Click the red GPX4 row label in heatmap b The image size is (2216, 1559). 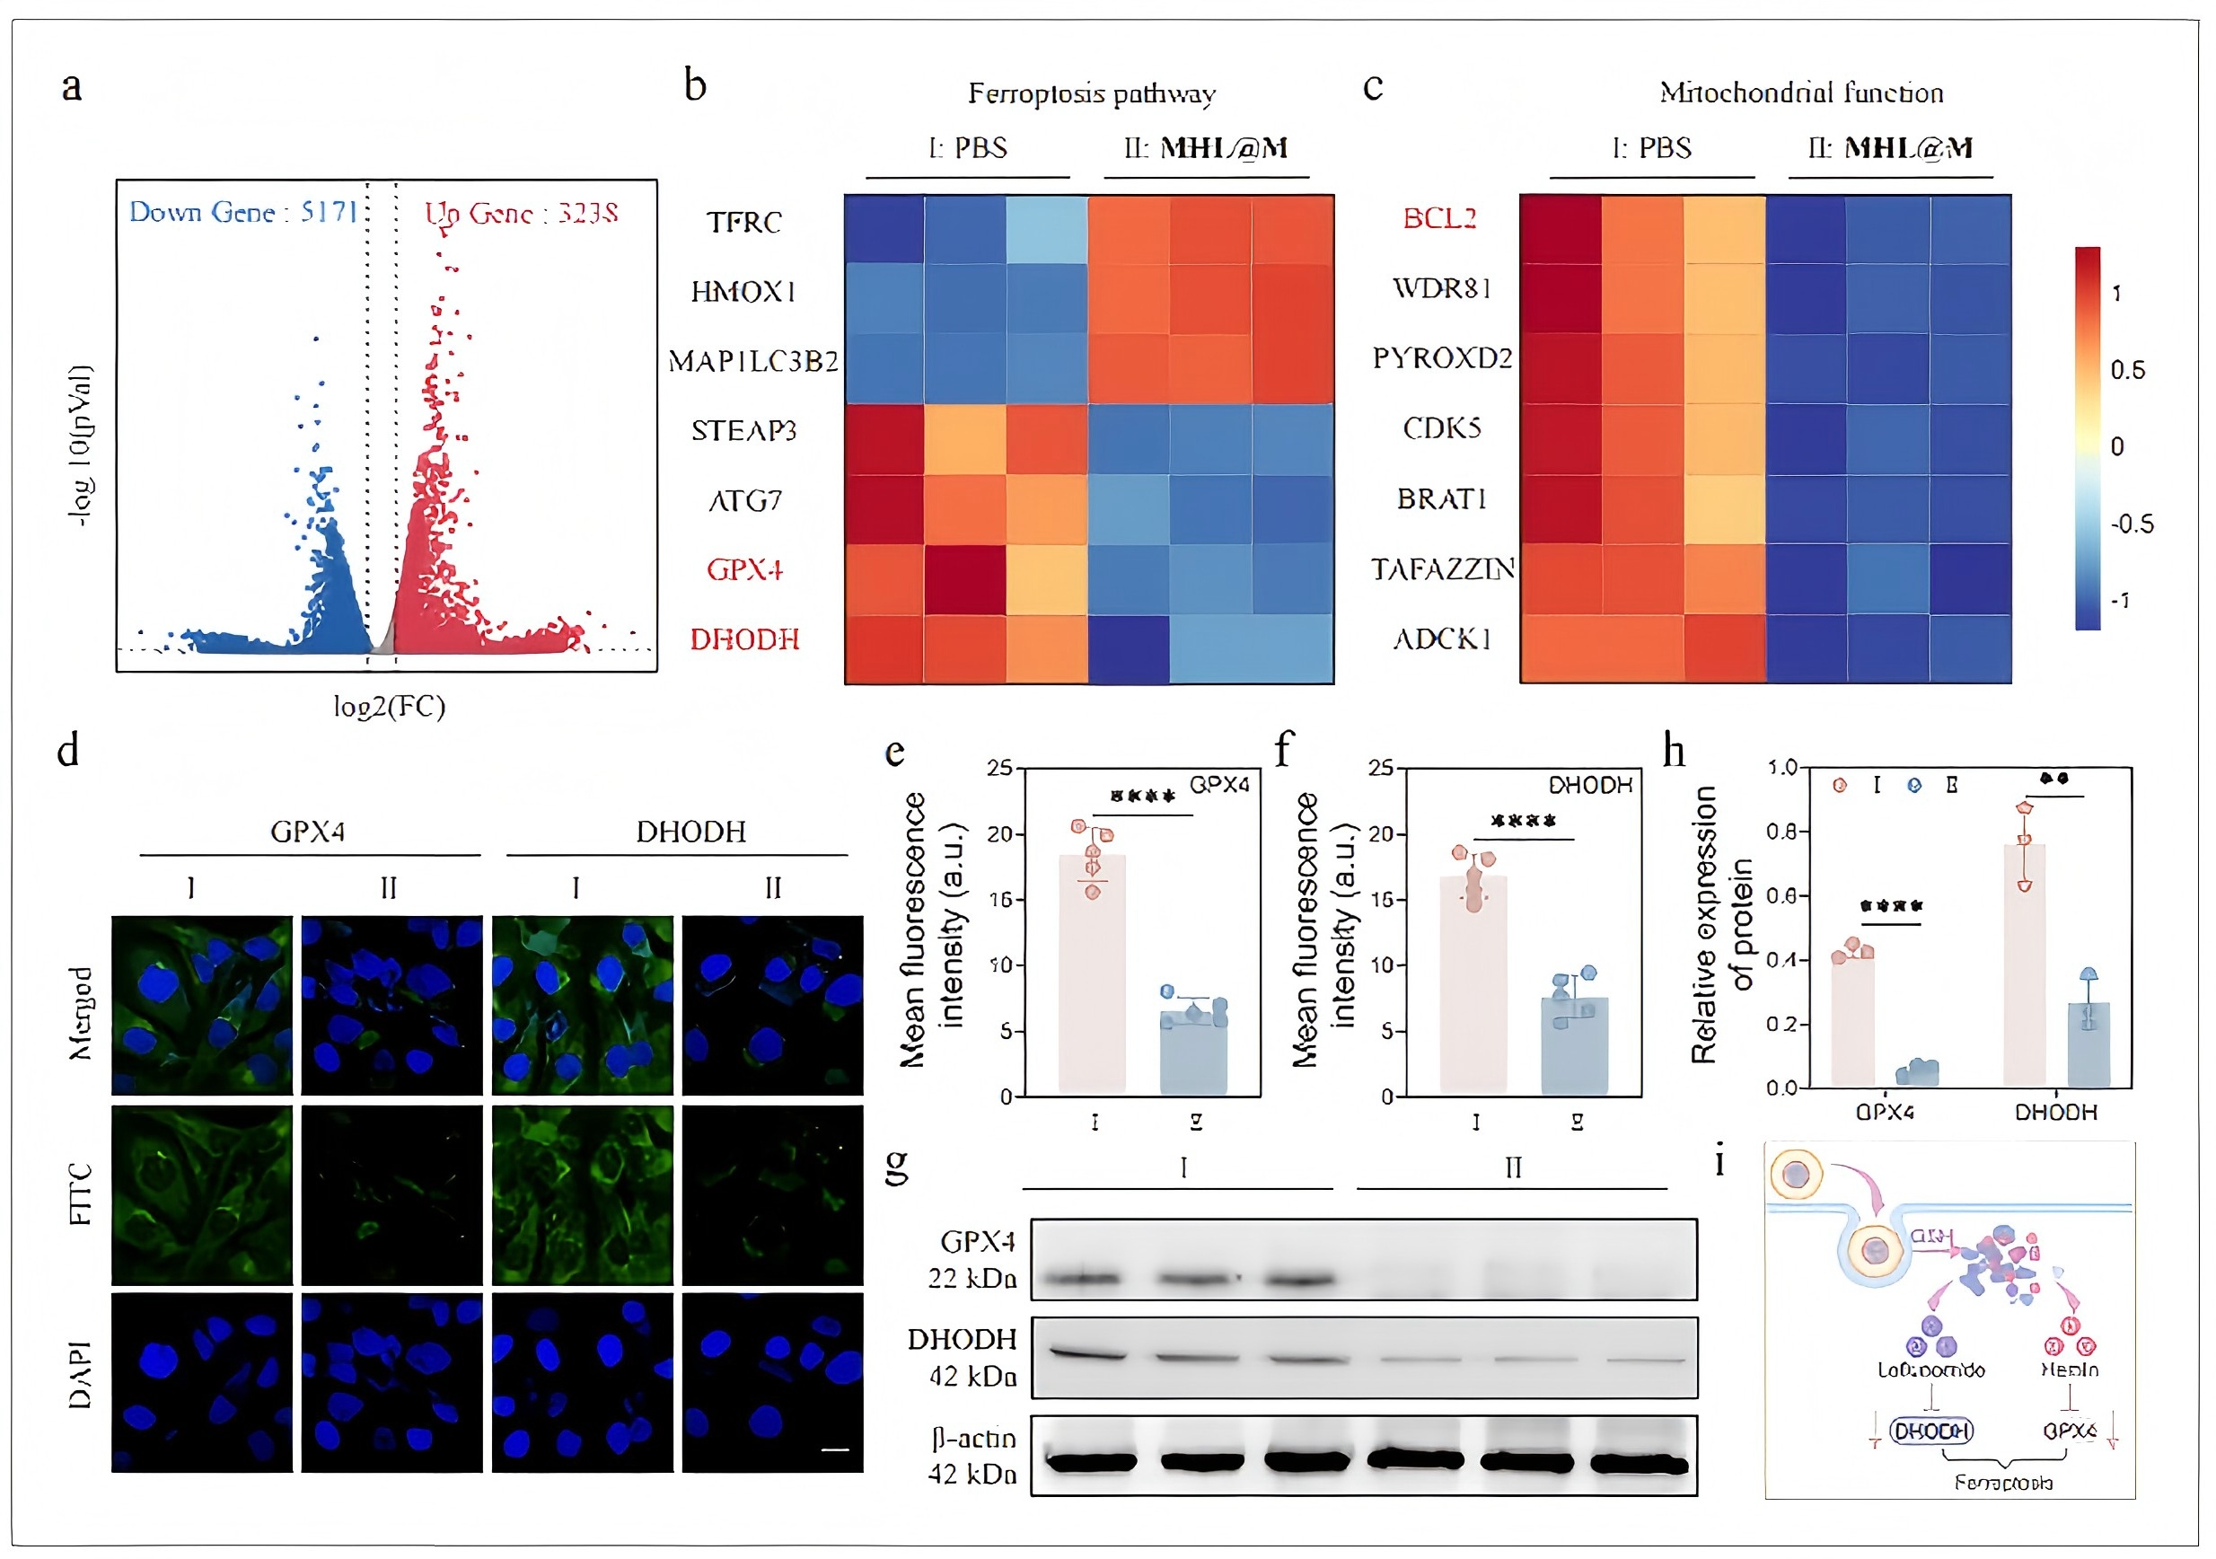(x=744, y=569)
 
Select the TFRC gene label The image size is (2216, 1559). (x=744, y=222)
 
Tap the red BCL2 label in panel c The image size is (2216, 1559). (x=1439, y=218)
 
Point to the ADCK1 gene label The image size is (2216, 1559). (x=1442, y=639)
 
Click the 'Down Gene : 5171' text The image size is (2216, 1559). (x=243, y=211)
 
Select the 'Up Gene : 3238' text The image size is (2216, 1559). (x=521, y=212)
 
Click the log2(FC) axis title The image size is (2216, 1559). (x=389, y=707)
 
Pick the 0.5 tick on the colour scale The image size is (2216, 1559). (x=2127, y=370)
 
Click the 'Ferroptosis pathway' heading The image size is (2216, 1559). (x=1092, y=93)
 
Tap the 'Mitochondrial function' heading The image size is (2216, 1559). (x=1801, y=92)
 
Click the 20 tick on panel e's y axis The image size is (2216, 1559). (x=999, y=834)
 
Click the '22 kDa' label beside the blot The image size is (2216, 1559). (x=972, y=1278)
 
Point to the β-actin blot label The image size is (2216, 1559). (x=974, y=1439)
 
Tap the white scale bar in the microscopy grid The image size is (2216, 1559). (x=835, y=1449)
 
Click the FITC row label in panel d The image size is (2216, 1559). (x=81, y=1194)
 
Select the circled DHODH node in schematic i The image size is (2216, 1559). (x=1930, y=1431)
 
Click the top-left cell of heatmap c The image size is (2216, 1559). (x=1560, y=230)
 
